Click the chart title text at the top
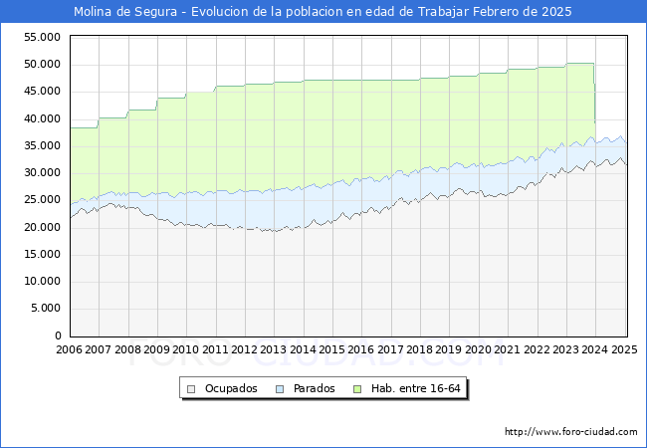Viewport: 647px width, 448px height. click(x=323, y=12)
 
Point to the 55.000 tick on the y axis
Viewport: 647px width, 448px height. click(x=43, y=37)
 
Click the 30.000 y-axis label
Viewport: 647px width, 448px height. click(x=43, y=173)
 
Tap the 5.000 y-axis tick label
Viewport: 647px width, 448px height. click(x=46, y=309)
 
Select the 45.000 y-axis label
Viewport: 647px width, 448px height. click(x=43, y=92)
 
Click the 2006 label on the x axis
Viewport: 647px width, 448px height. click(x=70, y=350)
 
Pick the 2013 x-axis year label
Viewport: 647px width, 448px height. click(x=274, y=350)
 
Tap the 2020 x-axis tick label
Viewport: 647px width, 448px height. click(x=478, y=350)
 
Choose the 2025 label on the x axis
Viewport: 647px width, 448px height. click(x=623, y=350)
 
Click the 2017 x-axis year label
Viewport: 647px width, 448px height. click(x=390, y=350)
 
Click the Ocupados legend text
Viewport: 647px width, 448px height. click(x=231, y=388)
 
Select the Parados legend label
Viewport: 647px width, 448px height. click(x=315, y=388)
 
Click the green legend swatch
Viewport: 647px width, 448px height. click(x=362, y=388)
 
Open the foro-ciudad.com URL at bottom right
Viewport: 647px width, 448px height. click(x=570, y=432)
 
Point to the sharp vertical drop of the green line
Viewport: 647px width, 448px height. click(x=594, y=95)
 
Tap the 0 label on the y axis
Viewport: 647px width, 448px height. click(x=58, y=336)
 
